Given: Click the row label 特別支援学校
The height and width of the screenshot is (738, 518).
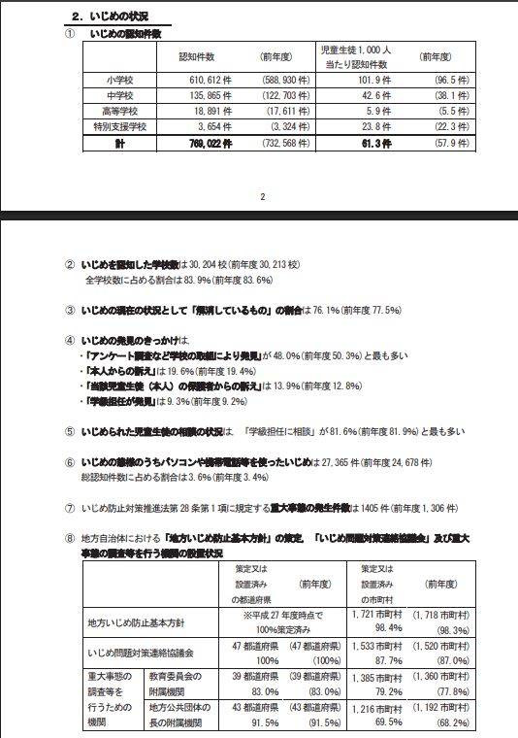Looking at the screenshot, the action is pyautogui.click(x=119, y=126).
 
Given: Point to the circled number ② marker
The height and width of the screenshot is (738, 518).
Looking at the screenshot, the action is pyautogui.click(x=69, y=264).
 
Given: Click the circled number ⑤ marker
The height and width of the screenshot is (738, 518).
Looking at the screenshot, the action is pyautogui.click(x=69, y=431).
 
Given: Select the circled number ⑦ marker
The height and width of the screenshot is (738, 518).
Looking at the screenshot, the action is pyautogui.click(x=69, y=507).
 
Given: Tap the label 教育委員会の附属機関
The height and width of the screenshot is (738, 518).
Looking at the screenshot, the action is pyautogui.click(x=179, y=683).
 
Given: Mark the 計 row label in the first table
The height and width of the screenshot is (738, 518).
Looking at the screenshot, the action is pyautogui.click(x=119, y=143).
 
